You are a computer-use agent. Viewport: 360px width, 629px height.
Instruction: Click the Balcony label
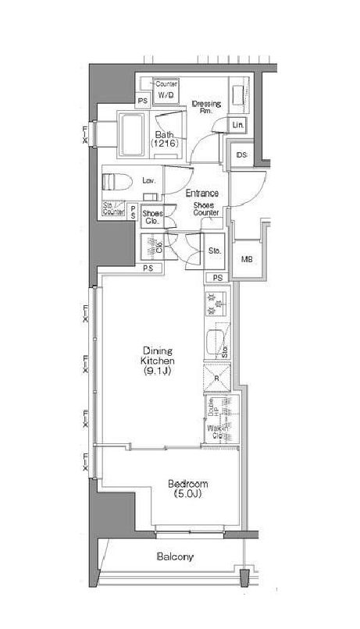(x=175, y=557)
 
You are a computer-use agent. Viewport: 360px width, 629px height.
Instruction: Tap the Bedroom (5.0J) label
(x=187, y=489)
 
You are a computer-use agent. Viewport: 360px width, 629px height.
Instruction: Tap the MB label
(x=247, y=259)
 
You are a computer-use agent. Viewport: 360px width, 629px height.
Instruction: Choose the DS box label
(x=241, y=155)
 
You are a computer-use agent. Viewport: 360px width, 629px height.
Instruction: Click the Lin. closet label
(x=238, y=125)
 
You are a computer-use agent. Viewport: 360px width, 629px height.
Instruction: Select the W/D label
(x=166, y=95)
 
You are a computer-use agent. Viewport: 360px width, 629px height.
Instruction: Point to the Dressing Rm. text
(x=207, y=107)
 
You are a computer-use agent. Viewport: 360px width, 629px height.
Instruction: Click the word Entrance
(x=201, y=194)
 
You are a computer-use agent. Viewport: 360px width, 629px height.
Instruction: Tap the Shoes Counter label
(x=206, y=209)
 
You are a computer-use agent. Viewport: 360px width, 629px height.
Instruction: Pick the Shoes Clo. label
(x=151, y=218)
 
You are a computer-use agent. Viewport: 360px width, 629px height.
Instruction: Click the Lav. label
(x=148, y=180)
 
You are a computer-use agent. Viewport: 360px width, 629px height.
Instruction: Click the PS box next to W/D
(x=143, y=101)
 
